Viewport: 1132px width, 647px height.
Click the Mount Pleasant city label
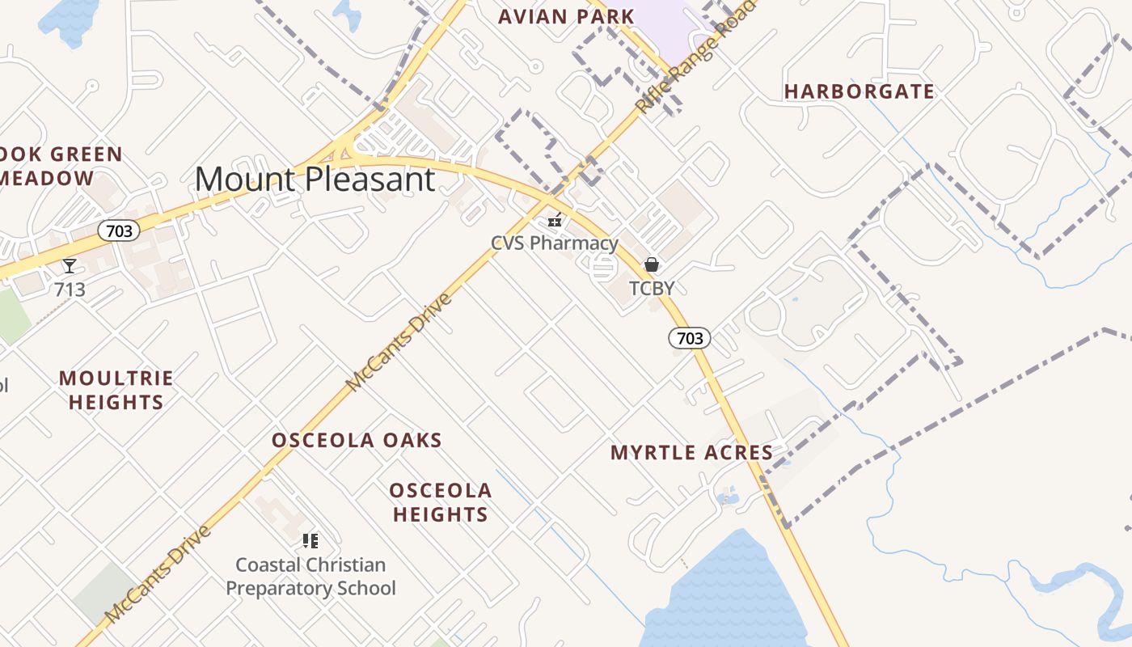coord(315,179)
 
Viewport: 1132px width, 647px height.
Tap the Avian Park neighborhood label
coord(566,16)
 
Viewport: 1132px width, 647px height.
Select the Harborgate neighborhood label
coord(860,91)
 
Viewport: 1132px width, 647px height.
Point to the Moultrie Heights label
coord(116,390)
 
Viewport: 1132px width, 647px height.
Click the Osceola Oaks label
coord(357,441)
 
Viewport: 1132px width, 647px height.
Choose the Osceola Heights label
coord(441,502)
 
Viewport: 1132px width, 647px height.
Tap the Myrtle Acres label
coord(691,453)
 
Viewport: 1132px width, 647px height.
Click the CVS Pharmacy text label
coord(555,243)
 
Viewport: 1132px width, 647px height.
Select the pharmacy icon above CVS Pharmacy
coord(555,219)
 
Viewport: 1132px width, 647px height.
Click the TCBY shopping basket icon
coord(652,264)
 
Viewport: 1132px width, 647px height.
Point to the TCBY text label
coord(652,288)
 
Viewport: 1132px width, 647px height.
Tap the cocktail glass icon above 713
coord(70,266)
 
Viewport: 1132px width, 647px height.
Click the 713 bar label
coord(70,290)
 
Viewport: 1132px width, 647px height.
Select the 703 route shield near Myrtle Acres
coord(690,338)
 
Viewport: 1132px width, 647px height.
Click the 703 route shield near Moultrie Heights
coord(119,231)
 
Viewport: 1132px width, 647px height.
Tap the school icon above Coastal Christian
coord(310,540)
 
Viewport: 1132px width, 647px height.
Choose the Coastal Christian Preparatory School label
coord(310,576)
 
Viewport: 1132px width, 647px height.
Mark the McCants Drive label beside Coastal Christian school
coord(158,574)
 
